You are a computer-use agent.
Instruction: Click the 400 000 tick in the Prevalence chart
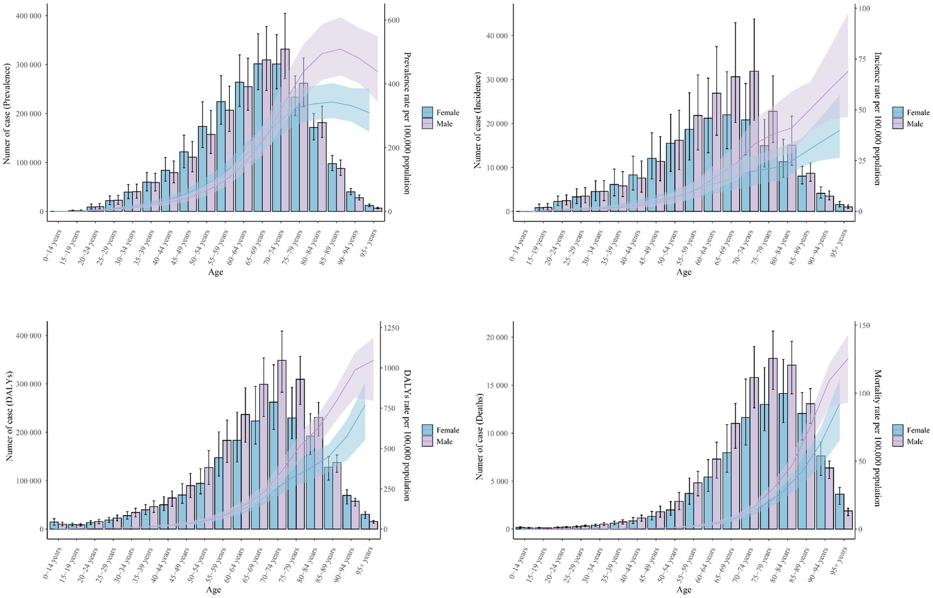pos(29,16)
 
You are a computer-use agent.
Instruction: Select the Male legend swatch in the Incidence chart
pos(898,124)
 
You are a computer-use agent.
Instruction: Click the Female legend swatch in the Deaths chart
pos(898,430)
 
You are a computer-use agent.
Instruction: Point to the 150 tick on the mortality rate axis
pos(864,326)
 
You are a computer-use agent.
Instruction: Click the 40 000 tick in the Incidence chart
pos(496,36)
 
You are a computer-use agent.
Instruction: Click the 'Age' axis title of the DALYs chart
pos(215,590)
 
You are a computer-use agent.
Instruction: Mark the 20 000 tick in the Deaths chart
pos(496,338)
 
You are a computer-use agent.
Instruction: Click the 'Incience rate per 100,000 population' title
pos(878,118)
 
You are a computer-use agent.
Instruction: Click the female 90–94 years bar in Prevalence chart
pos(351,202)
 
